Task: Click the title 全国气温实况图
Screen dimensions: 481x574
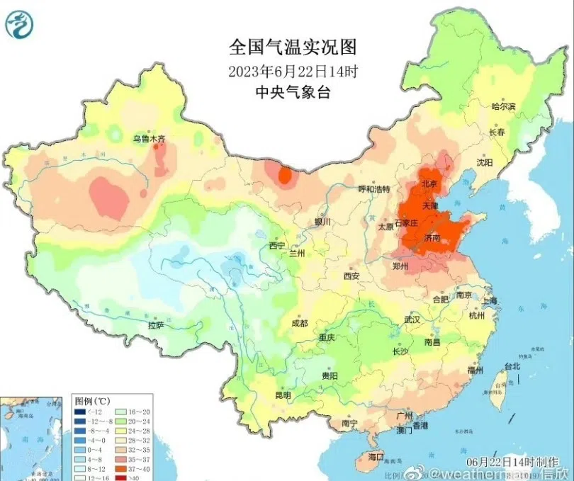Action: pyautogui.click(x=292, y=47)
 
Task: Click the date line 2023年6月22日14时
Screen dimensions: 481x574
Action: pyautogui.click(x=292, y=71)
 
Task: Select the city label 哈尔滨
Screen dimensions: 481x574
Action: pyautogui.click(x=503, y=106)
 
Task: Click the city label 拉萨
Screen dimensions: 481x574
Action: pyautogui.click(x=156, y=325)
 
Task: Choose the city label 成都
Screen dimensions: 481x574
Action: pyautogui.click(x=299, y=323)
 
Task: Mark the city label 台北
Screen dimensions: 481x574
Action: pyautogui.click(x=512, y=366)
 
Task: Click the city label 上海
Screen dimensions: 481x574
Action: pyautogui.click(x=490, y=300)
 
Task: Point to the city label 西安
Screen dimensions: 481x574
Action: pyautogui.click(x=352, y=276)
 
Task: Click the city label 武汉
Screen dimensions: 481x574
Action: pyautogui.click(x=412, y=319)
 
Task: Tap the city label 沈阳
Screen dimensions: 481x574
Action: pyautogui.click(x=484, y=162)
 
